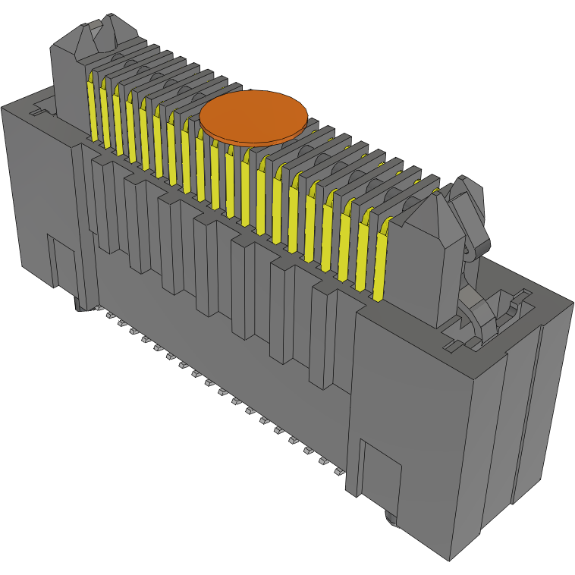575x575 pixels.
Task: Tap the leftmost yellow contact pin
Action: (93, 110)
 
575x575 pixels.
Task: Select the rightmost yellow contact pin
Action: (380, 258)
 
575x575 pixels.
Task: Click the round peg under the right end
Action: (391, 519)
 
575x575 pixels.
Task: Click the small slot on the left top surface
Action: (35, 112)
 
